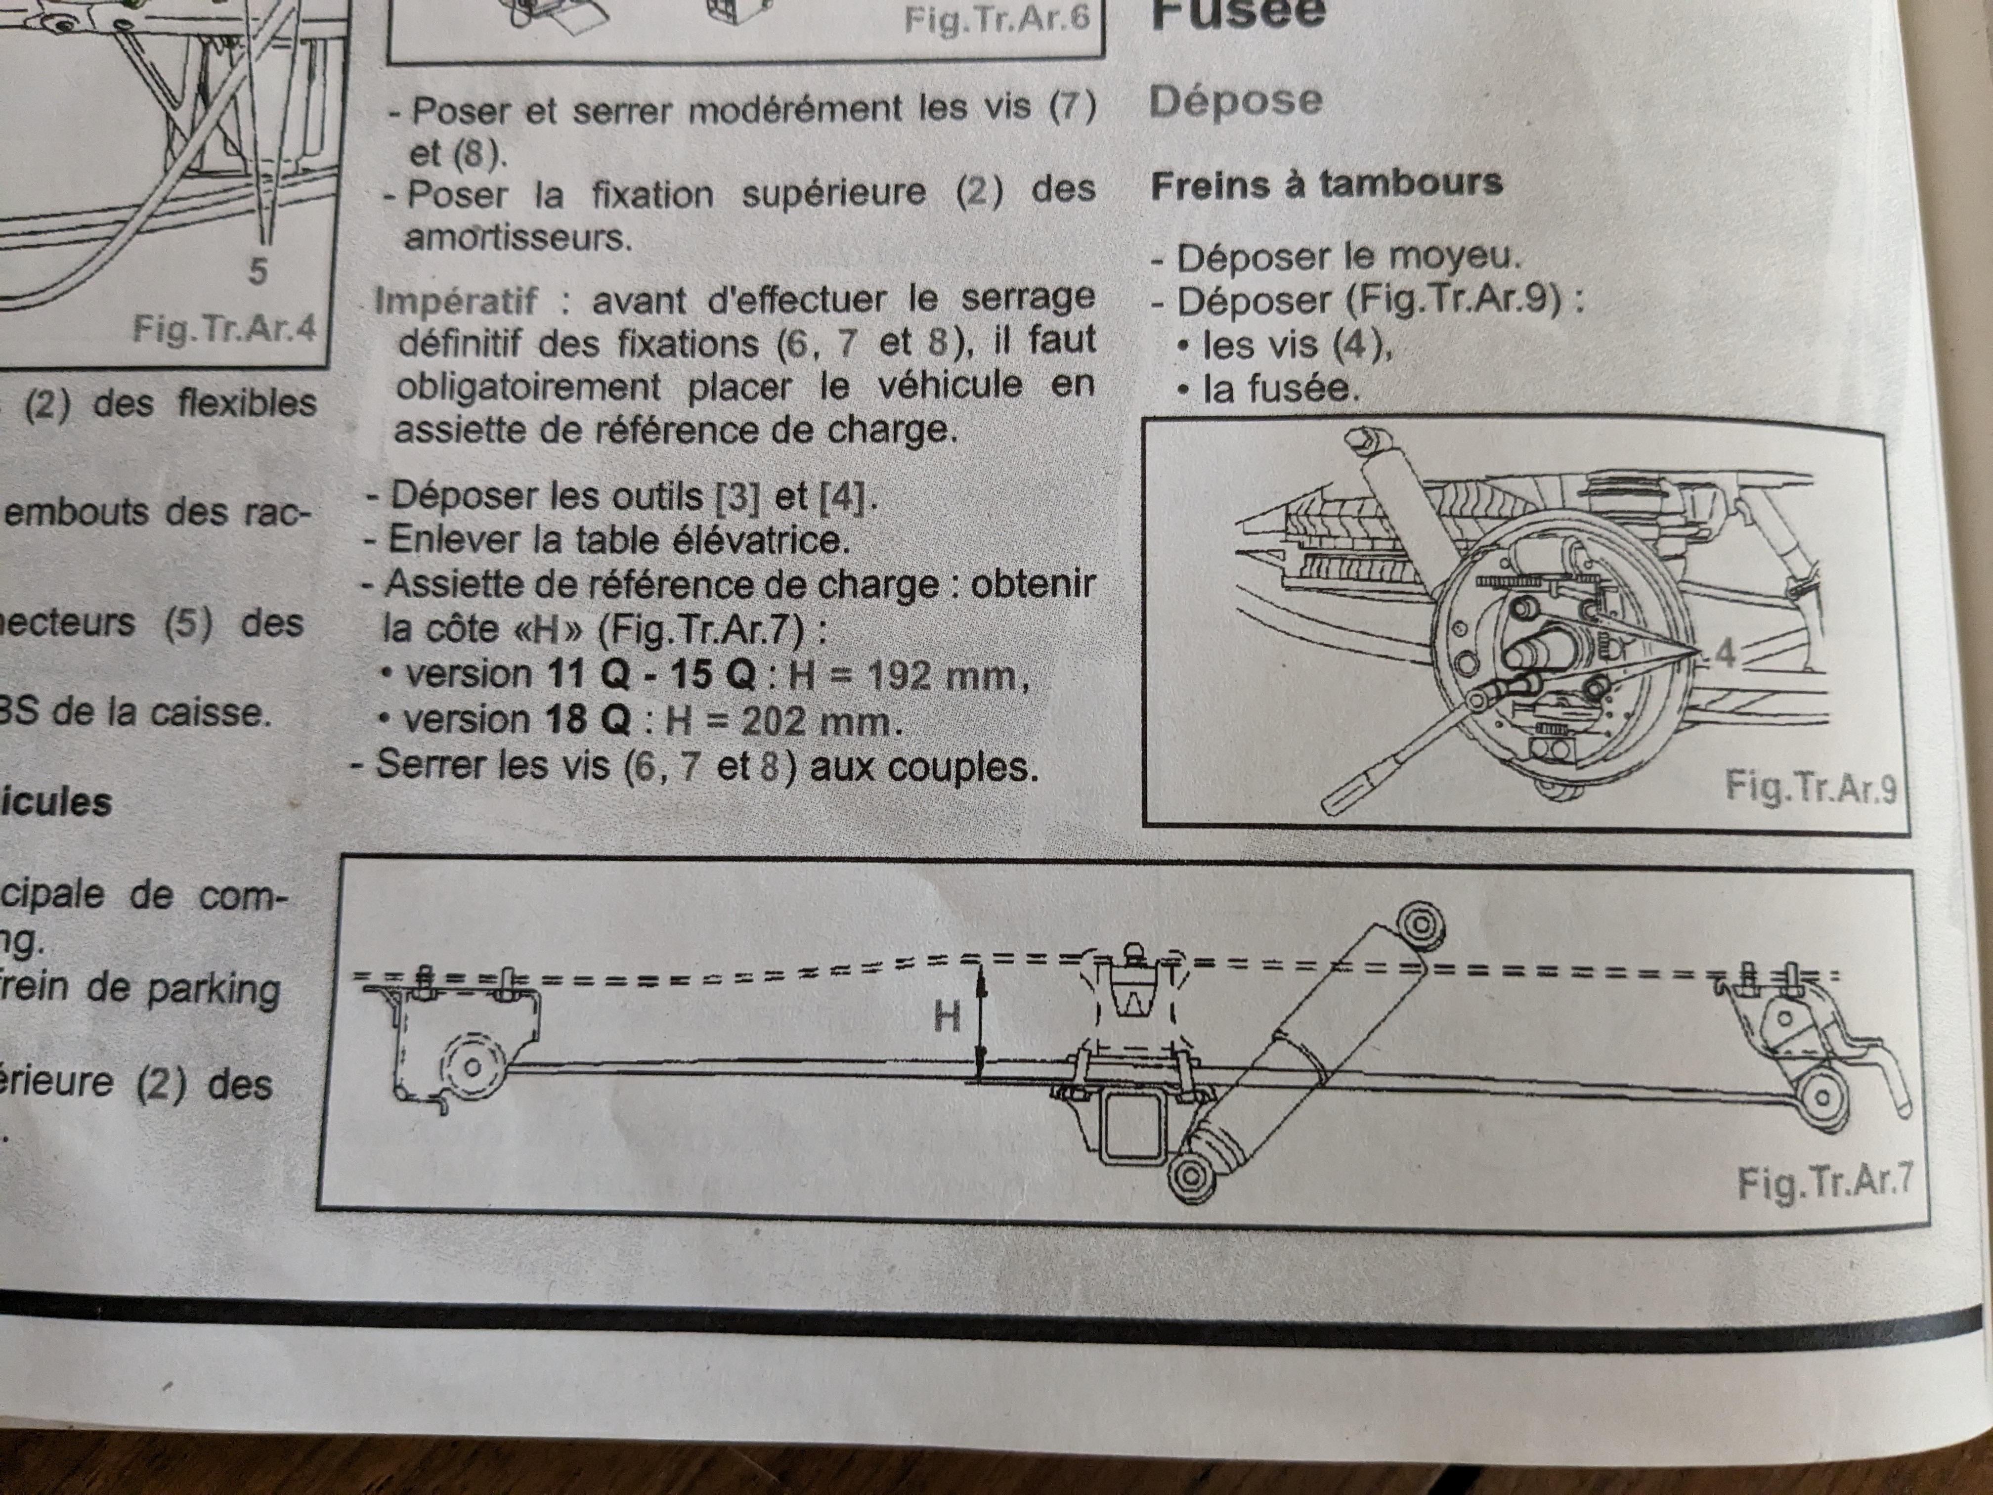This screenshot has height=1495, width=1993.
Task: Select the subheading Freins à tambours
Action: [1326, 184]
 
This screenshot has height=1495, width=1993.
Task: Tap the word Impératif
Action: [456, 300]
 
